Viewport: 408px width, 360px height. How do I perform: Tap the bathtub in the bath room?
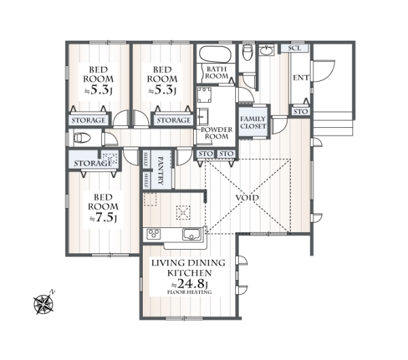215,54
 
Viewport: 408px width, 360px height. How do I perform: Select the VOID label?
248,198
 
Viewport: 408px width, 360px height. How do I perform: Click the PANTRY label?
161,171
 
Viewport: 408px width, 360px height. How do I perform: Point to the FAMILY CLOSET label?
253,122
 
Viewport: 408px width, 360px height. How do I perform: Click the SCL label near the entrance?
295,48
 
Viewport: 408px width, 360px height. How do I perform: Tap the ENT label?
301,78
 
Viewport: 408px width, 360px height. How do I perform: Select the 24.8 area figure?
192,283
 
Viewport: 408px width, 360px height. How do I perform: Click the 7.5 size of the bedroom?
104,218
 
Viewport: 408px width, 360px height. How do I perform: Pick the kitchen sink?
192,235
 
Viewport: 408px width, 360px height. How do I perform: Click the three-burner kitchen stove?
154,233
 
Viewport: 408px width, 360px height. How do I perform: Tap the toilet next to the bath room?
248,52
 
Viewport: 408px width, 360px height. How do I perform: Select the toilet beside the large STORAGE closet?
82,138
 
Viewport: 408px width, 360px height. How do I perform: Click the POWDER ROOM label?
217,133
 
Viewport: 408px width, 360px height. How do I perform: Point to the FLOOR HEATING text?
190,292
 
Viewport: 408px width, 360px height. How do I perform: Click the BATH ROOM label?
217,73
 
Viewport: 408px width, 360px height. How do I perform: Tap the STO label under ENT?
301,112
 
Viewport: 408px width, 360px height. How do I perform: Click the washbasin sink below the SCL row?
267,50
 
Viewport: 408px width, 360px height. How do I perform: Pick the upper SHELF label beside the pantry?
146,159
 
